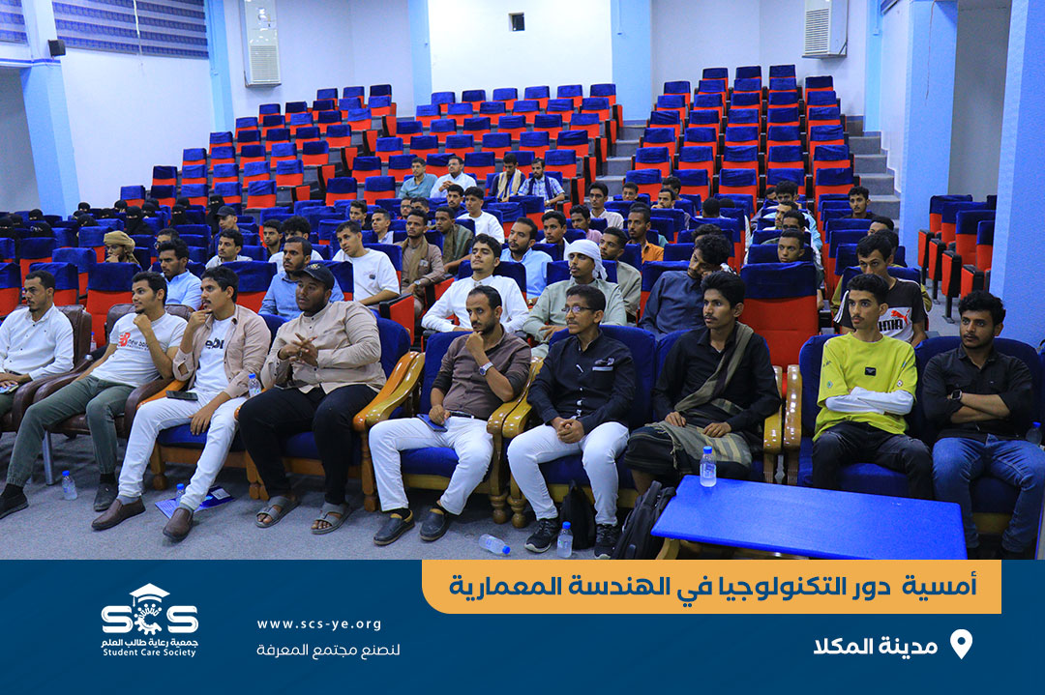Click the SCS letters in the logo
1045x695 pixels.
point(149,619)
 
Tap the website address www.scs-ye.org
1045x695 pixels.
point(319,624)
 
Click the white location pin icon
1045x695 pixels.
point(961,644)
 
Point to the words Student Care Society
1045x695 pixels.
point(149,653)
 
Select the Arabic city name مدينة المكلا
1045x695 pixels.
point(875,645)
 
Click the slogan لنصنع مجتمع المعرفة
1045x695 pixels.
point(328,650)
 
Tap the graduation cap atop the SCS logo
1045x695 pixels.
point(149,593)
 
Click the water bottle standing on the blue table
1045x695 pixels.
point(707,467)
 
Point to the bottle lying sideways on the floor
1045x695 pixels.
point(493,544)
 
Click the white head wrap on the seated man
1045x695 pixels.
point(586,254)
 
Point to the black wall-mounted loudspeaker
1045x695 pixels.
point(57,47)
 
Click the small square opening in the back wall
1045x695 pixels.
point(517,22)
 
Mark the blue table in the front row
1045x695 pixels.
point(810,518)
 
